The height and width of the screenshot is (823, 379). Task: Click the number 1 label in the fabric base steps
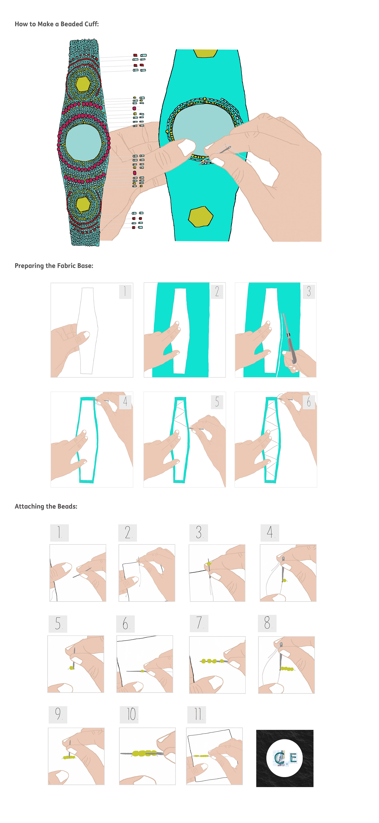pyautogui.click(x=126, y=291)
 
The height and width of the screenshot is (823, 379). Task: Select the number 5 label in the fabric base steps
pyautogui.click(x=217, y=402)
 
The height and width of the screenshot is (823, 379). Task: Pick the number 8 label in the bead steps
pyautogui.click(x=267, y=623)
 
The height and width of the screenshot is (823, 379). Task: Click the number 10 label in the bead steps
pyautogui.click(x=129, y=714)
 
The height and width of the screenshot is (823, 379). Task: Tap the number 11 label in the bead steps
pyautogui.click(x=197, y=714)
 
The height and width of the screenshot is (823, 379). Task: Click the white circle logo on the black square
pyautogui.click(x=284, y=758)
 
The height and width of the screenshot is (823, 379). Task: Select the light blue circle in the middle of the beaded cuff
pyautogui.click(x=83, y=142)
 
